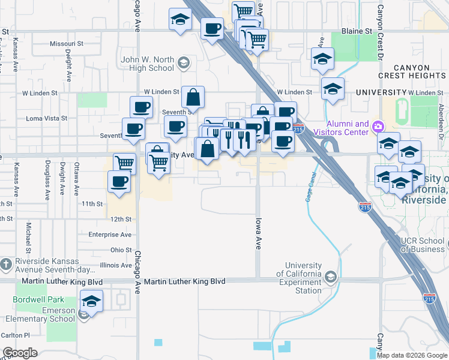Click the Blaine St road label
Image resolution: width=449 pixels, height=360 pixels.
pyautogui.click(x=357, y=31)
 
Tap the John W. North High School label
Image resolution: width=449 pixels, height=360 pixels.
pyautogui.click(x=147, y=64)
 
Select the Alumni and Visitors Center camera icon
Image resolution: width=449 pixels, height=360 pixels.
pyautogui.click(x=378, y=127)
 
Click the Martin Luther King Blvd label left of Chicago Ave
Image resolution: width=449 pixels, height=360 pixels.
pyautogui.click(x=62, y=281)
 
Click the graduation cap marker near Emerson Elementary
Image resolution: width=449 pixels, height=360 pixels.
pyautogui.click(x=91, y=301)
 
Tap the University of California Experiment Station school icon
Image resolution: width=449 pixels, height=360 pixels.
pyautogui.click(x=331, y=277)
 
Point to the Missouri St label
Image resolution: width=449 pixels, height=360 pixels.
pyautogui.click(x=66, y=44)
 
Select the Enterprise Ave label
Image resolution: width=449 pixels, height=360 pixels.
pyautogui.click(x=109, y=235)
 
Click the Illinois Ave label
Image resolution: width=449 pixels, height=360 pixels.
pyautogui.click(x=116, y=265)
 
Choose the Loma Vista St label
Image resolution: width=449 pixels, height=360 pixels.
pyautogui.click(x=42, y=118)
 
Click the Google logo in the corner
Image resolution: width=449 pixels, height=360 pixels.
pyautogui.click(x=20, y=353)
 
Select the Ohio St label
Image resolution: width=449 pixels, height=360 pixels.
pyautogui.click(x=121, y=250)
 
